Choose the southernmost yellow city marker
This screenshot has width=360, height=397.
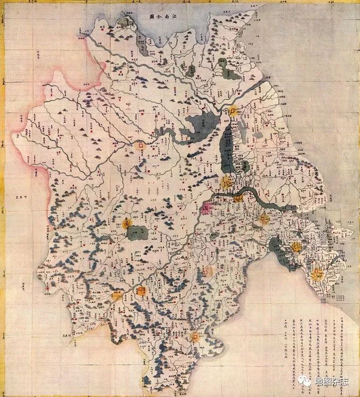click(196, 336)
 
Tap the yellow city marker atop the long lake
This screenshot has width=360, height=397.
click(233, 111)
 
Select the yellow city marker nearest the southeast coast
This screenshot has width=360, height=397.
click(317, 274)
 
